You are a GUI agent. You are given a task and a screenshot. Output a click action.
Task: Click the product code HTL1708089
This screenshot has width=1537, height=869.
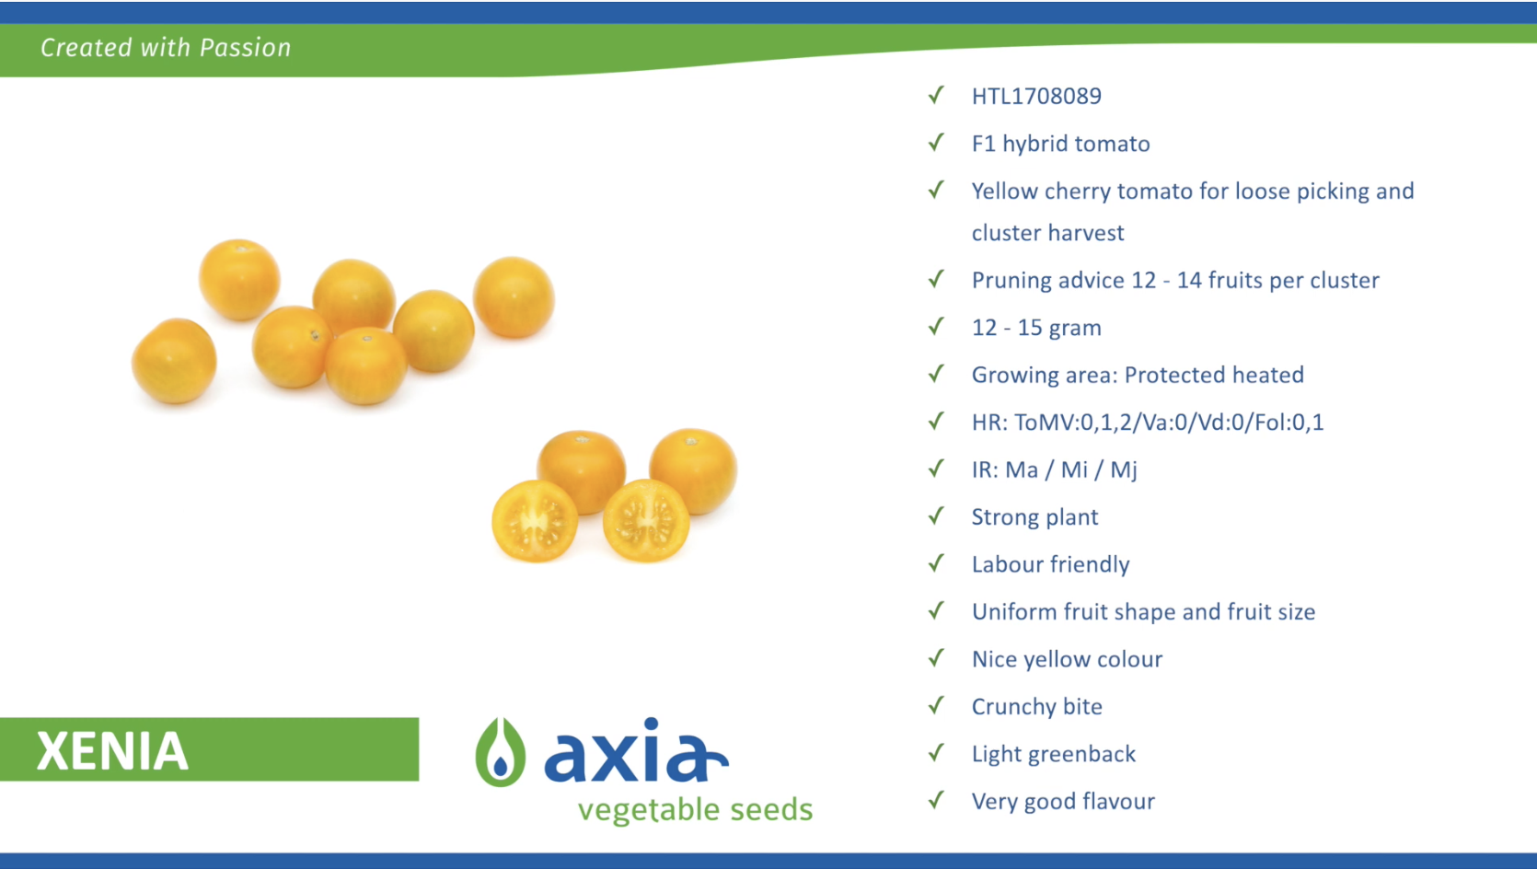click(1036, 96)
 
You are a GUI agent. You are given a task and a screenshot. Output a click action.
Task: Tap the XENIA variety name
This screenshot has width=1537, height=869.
click(112, 751)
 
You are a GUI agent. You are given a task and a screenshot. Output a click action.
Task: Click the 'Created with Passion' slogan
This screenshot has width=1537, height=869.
click(166, 47)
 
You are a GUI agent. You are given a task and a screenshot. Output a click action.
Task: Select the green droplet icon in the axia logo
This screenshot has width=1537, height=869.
click(500, 751)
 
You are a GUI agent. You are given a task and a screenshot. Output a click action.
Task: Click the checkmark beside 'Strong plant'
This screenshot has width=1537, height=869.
click(936, 516)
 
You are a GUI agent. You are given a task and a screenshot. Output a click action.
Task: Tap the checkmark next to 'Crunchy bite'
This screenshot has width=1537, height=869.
click(936, 705)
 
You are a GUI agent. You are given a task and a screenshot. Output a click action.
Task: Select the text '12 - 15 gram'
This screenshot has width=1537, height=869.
click(1036, 328)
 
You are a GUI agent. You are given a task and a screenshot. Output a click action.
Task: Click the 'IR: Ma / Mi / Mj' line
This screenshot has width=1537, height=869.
click(1054, 469)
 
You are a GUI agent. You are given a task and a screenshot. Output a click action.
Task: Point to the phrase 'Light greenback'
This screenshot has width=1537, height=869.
click(1053, 754)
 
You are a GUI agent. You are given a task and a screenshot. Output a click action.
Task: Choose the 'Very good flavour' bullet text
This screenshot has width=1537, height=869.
click(1063, 801)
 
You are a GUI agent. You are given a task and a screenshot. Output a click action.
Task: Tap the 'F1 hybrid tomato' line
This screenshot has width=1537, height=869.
click(1061, 144)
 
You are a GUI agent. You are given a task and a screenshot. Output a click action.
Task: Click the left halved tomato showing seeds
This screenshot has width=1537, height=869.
click(535, 521)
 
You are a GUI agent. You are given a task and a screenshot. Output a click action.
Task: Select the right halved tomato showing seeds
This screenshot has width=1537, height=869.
click(646, 520)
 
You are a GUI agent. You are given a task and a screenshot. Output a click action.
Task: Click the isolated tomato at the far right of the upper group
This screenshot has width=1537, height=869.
click(514, 297)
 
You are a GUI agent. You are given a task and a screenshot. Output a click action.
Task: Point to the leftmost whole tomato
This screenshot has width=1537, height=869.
click(174, 361)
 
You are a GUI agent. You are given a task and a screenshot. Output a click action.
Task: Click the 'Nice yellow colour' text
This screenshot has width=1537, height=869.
click(1067, 659)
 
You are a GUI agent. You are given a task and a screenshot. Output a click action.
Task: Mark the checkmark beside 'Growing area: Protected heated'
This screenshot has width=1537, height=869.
click(936, 374)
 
